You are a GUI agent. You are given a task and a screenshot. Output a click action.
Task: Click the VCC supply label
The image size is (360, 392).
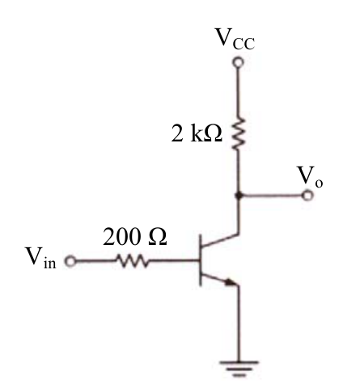click(x=235, y=39)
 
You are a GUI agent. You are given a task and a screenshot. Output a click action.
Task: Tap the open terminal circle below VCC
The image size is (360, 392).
click(x=239, y=62)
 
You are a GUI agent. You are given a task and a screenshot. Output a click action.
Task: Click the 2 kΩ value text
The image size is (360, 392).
click(x=197, y=133)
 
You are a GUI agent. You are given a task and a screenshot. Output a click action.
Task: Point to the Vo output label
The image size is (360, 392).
click(x=310, y=176)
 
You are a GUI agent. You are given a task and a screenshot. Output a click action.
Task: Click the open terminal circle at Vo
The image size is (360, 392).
click(x=307, y=195)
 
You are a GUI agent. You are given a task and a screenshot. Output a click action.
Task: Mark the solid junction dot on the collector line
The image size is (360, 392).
click(x=239, y=195)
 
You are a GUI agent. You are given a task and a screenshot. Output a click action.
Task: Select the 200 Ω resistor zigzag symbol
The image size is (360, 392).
click(x=132, y=261)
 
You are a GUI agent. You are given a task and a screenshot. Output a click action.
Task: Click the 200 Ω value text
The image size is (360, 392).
click(x=135, y=237)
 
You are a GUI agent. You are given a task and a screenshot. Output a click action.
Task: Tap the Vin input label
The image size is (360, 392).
click(x=40, y=257)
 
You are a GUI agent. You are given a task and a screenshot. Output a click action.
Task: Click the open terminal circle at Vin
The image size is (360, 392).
click(x=70, y=261)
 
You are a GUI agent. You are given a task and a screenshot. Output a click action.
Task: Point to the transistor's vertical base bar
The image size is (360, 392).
click(x=201, y=260)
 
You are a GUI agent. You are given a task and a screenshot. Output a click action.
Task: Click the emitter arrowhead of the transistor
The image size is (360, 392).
click(x=231, y=282)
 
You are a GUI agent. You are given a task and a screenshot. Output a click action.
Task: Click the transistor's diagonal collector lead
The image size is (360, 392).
click(x=220, y=241)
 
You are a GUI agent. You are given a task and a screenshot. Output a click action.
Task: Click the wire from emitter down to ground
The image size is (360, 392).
click(x=239, y=323)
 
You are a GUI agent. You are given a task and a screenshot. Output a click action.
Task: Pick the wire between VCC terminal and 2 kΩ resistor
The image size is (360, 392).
click(x=239, y=92)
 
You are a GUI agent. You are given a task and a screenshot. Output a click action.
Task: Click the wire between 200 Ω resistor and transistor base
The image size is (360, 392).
click(x=174, y=261)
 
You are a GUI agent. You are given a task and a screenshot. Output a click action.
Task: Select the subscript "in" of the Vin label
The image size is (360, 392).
click(x=50, y=263)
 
